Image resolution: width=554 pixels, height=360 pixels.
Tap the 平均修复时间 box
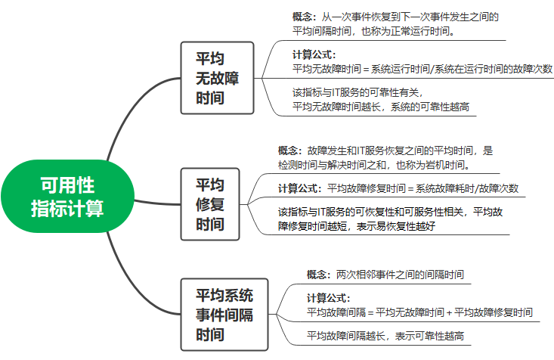210,203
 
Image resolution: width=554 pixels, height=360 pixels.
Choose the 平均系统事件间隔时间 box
224,314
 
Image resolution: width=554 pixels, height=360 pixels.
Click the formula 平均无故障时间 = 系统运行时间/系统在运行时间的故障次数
422,68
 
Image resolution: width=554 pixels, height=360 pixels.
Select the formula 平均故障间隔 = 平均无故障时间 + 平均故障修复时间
419,312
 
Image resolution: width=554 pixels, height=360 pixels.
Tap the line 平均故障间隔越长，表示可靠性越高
385,335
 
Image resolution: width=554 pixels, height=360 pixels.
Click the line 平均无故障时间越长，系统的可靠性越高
381,107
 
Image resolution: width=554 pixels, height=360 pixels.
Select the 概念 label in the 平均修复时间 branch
289,151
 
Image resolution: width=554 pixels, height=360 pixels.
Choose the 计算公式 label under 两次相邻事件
329,297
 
